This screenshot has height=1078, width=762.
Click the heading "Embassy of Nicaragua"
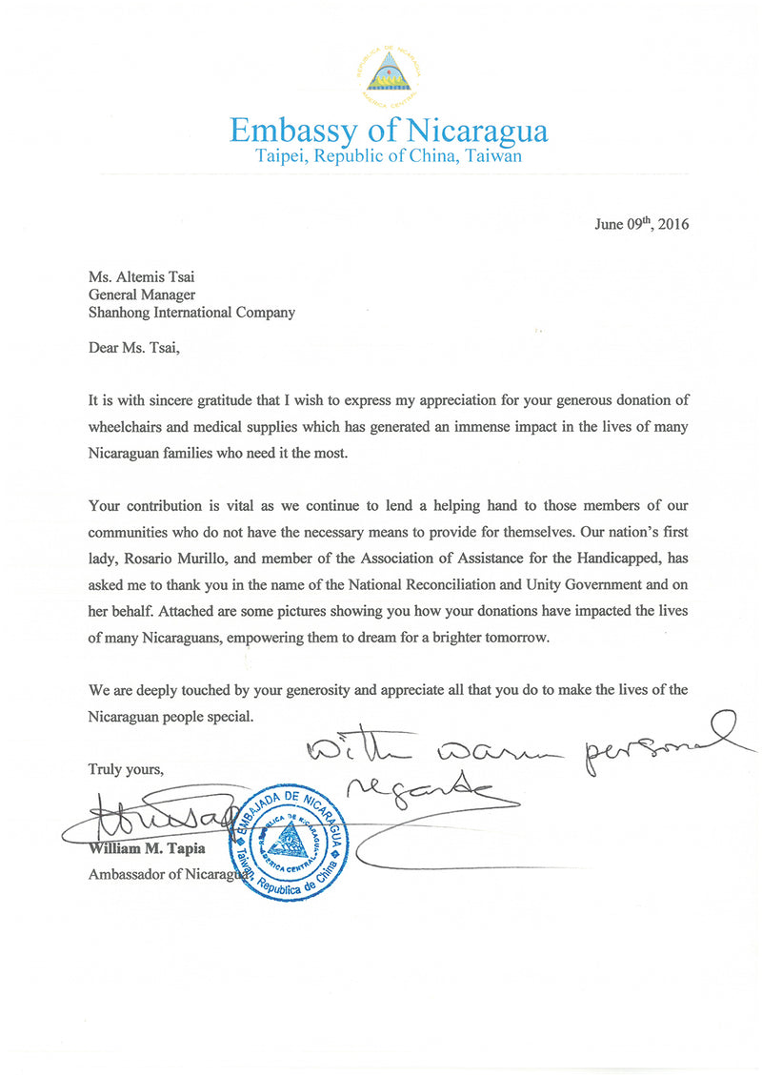click(389, 130)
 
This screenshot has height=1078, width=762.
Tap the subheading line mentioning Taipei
click(389, 156)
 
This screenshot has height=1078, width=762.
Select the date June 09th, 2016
click(641, 225)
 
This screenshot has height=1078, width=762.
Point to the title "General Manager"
click(141, 295)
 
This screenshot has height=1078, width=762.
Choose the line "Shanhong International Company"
click(191, 312)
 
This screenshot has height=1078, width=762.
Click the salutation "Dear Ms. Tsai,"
click(133, 348)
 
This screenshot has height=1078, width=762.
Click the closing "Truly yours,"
click(126, 769)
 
